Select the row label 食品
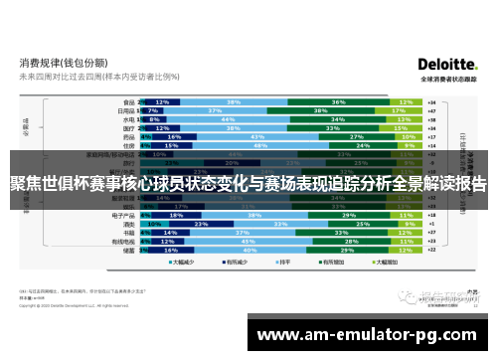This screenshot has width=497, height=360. [128, 101]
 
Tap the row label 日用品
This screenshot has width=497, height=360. [126, 110]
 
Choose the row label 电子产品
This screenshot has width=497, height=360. [124, 214]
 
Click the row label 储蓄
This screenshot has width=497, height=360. [128, 250]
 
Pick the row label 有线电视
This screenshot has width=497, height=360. [124, 241]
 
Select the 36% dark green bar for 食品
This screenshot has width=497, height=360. [338, 101]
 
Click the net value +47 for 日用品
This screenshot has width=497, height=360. [430, 110]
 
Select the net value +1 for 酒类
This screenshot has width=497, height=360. [430, 223]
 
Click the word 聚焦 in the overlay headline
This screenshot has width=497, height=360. [25, 184]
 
